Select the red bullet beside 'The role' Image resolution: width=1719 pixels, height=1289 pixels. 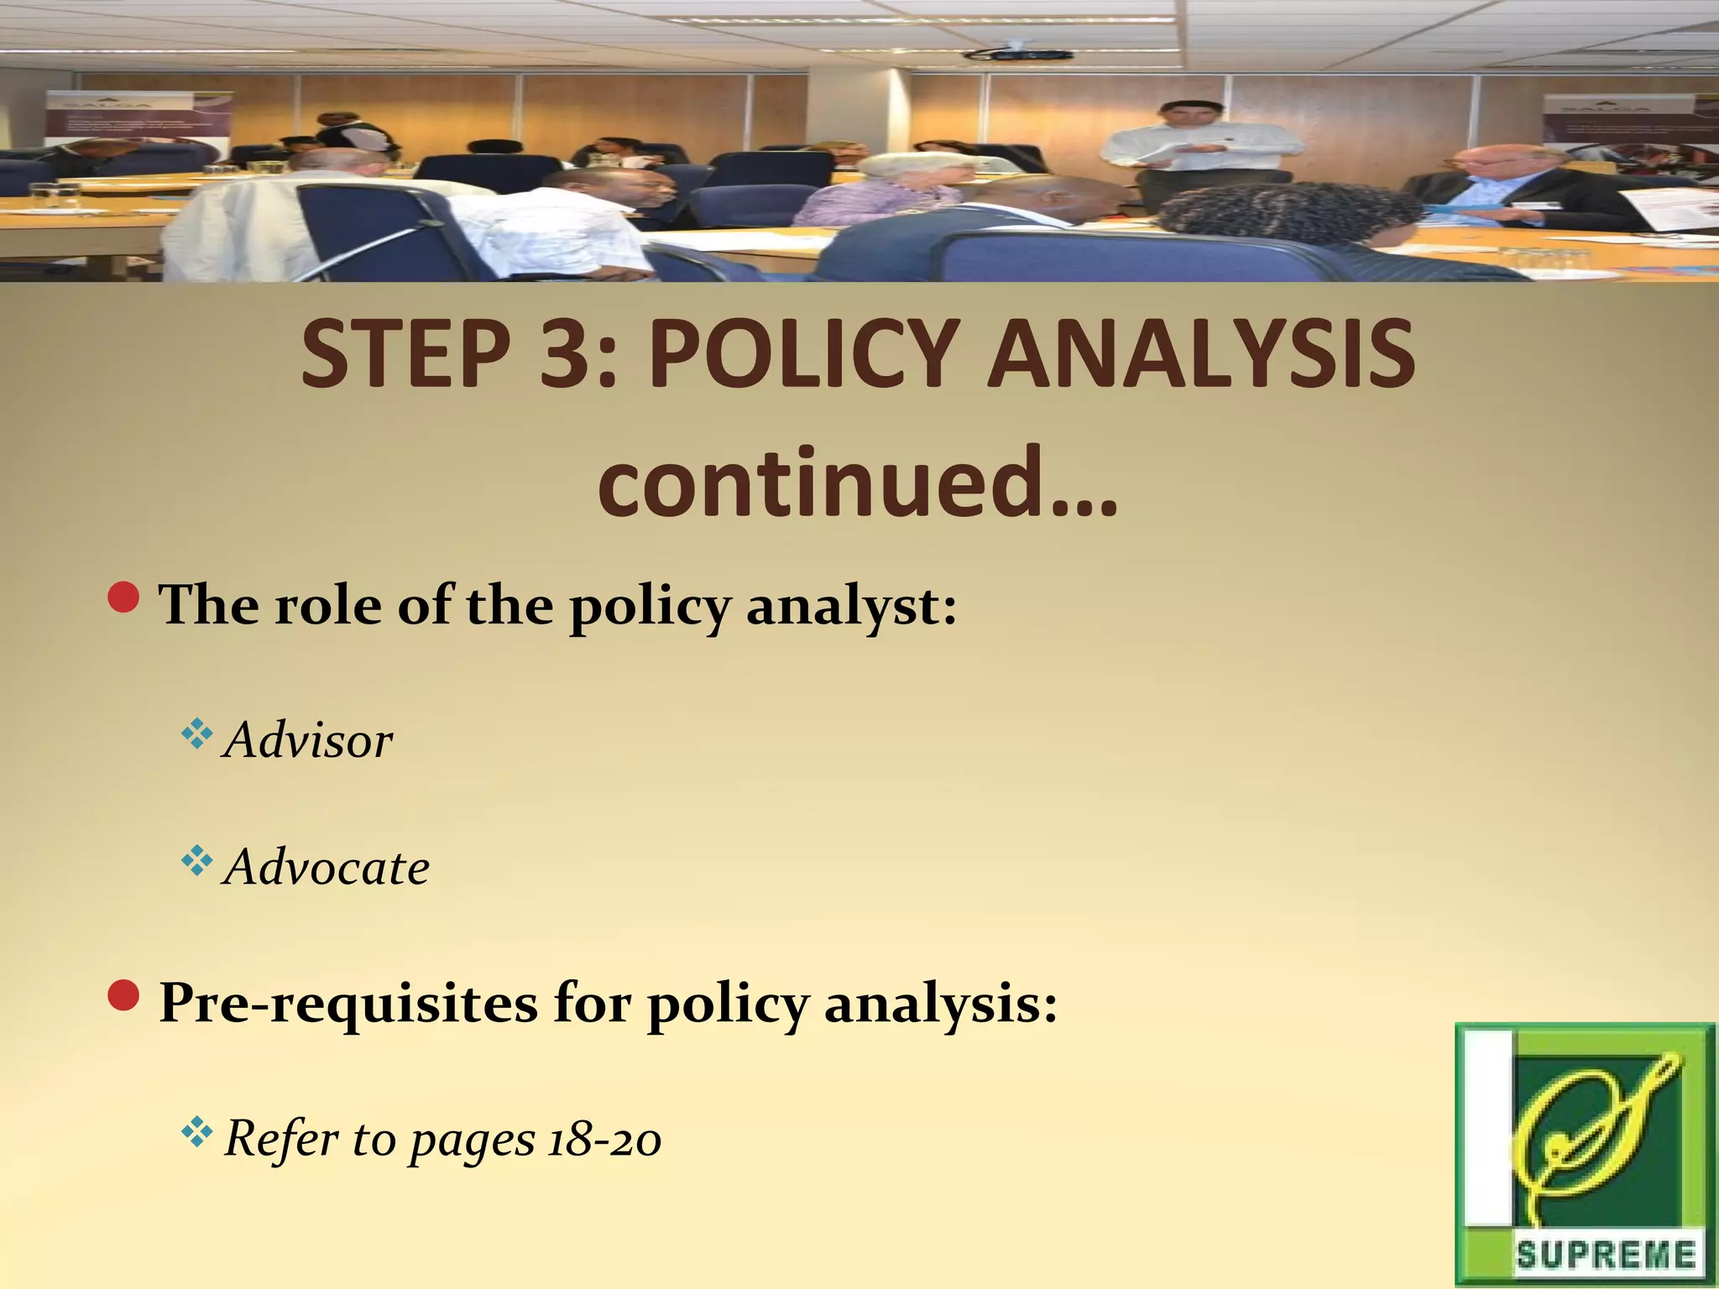click(124, 598)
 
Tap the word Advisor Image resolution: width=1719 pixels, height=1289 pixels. click(309, 741)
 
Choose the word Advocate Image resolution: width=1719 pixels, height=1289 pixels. click(327, 867)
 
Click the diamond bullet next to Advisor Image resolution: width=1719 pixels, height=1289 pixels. click(196, 735)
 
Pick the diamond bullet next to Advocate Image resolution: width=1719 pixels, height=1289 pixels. click(196, 861)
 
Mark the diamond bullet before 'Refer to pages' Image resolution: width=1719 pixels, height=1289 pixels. click(196, 1134)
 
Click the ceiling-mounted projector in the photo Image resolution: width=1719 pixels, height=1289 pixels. click(1018, 54)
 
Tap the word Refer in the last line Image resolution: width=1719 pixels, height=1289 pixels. click(281, 1140)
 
